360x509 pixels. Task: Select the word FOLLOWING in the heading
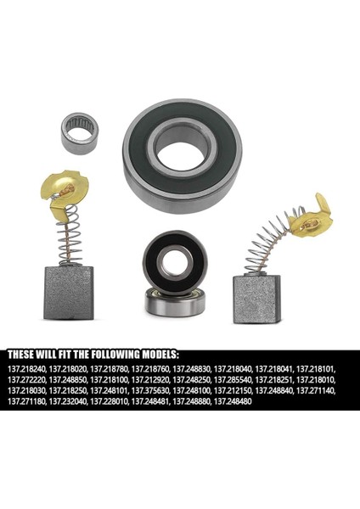click(110, 354)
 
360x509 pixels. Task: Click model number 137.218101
click(317, 369)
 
